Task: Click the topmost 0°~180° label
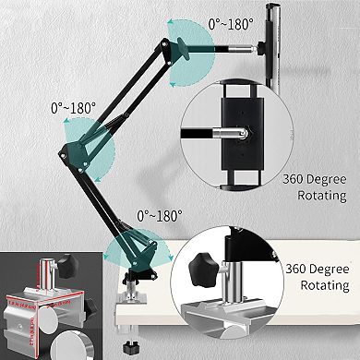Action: pyautogui.click(x=230, y=25)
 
